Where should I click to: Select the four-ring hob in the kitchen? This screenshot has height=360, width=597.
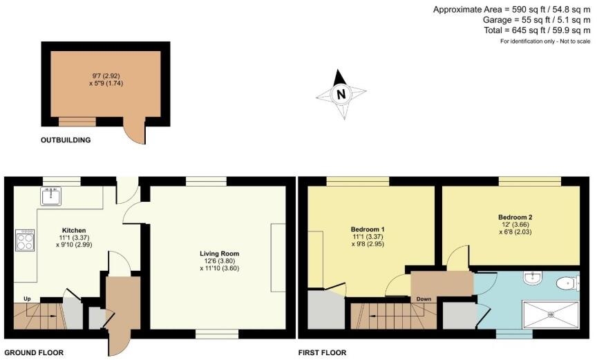pyautogui.click(x=25, y=240)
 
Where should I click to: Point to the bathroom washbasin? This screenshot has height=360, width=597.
pyautogui.click(x=533, y=278)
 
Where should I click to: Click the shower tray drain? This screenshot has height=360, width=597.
pyautogui.click(x=551, y=314)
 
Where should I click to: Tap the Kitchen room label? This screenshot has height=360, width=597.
pyautogui.click(x=73, y=229)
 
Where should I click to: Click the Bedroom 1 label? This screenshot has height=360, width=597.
pyautogui.click(x=368, y=229)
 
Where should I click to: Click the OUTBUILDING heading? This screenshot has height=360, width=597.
pyautogui.click(x=66, y=140)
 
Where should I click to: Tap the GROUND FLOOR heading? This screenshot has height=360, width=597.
pyautogui.click(x=32, y=352)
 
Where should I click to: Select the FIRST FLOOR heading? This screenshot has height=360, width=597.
pyautogui.click(x=322, y=352)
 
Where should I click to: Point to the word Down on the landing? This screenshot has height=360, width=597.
pyautogui.click(x=424, y=299)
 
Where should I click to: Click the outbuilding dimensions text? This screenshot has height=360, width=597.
pyautogui.click(x=106, y=79)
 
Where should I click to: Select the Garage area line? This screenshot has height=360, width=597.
pyautogui.click(x=537, y=21)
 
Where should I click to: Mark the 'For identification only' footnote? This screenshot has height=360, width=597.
pyautogui.click(x=545, y=42)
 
